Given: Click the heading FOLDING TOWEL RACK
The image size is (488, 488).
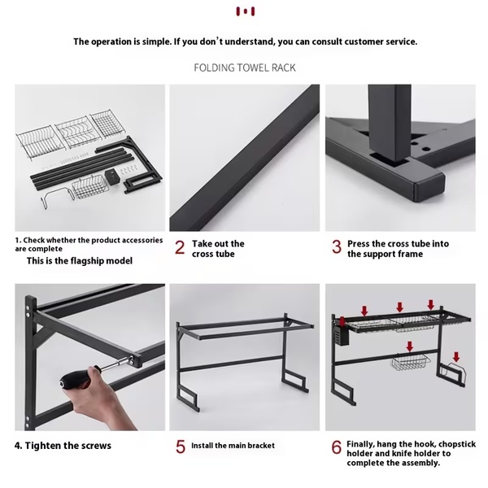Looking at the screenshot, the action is (x=245, y=68).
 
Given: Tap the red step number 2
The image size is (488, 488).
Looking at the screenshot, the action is (x=180, y=248).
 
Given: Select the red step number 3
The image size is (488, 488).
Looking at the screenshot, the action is (x=337, y=246).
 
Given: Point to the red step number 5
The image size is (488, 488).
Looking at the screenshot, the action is (x=181, y=447).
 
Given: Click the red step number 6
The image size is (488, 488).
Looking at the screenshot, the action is (x=337, y=447).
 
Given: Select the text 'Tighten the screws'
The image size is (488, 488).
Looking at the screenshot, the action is (x=68, y=446).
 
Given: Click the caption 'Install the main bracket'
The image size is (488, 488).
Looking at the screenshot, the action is (x=233, y=446).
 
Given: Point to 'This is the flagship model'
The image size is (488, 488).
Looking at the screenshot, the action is (x=80, y=261).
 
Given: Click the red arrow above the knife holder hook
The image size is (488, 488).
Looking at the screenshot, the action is (x=456, y=357).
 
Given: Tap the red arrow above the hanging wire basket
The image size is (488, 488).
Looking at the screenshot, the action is (x=410, y=346).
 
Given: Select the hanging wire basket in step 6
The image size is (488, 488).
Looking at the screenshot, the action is (x=411, y=362).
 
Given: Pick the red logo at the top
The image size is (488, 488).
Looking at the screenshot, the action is (x=246, y=11).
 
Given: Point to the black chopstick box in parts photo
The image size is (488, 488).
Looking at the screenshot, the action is (x=111, y=176).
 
